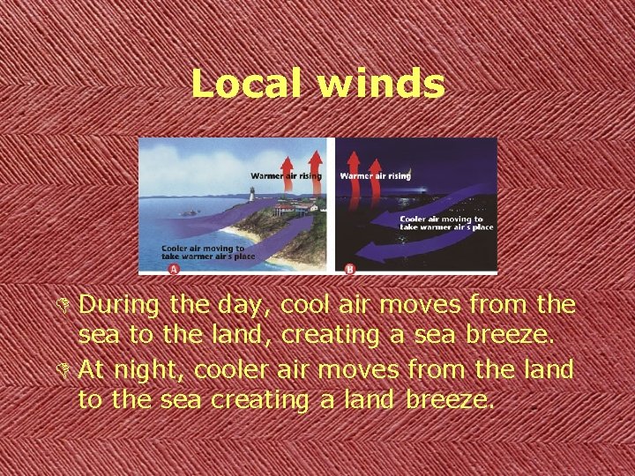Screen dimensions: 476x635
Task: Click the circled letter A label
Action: tap(173, 267)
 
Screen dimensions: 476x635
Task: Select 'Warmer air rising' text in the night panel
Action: tap(375, 175)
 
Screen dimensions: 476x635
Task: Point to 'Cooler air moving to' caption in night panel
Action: tap(441, 219)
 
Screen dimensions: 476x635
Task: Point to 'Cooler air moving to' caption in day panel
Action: tap(202, 249)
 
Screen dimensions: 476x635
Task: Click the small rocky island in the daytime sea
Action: tap(189, 212)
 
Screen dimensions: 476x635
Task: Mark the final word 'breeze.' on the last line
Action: tap(451, 400)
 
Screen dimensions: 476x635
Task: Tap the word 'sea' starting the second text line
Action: tap(96, 337)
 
